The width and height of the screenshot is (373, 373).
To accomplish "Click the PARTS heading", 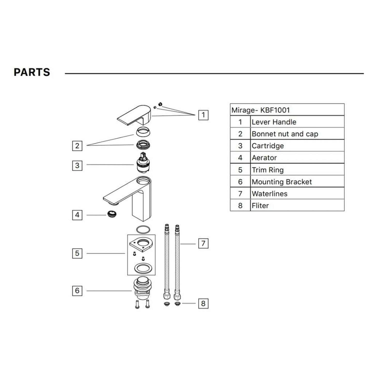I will tap(32, 72).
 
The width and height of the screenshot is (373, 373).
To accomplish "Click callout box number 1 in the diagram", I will tap(203, 115).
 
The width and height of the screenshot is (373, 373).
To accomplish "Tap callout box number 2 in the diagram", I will tap(77, 146).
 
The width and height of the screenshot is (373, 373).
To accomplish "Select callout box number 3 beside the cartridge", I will tap(77, 165).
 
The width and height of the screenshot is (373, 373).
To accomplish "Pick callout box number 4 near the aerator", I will tap(77, 215).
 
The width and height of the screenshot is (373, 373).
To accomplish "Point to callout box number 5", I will tap(77, 253).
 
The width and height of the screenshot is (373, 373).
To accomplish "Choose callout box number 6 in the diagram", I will tap(77, 291).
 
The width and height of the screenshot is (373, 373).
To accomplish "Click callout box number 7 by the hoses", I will tap(203, 243).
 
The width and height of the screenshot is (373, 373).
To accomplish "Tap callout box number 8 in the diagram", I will tap(203, 304).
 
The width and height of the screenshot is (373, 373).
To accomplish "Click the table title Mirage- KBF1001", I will tap(260, 110).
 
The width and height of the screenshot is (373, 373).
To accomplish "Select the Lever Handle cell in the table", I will tap(274, 122).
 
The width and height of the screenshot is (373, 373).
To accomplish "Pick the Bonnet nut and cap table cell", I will tap(285, 134).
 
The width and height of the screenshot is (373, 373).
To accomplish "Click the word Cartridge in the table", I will tap(268, 146).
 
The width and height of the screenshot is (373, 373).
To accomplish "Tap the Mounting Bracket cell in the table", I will tap(282, 182).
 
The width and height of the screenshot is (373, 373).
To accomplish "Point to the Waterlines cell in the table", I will tap(269, 194).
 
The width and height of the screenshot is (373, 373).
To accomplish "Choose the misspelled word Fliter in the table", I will tap(260, 205).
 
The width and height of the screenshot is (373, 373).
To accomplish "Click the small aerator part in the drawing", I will tap(112, 214).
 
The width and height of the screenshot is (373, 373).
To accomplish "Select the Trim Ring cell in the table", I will tap(268, 170).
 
